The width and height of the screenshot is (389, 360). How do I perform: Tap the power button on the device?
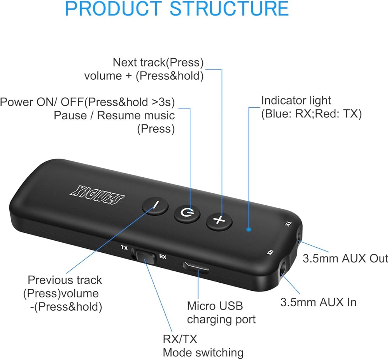point(187,213)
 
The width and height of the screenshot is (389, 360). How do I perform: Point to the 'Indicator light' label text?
point(296,100)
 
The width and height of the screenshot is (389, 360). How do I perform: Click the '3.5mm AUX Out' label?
point(345,259)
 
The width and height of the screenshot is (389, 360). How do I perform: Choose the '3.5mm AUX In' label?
point(318,302)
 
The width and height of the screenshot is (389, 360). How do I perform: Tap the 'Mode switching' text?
point(203,353)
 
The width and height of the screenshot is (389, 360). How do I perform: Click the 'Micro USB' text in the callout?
point(215,306)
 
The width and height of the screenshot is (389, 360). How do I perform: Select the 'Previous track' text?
point(65,280)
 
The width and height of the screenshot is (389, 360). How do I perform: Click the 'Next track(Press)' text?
point(158,62)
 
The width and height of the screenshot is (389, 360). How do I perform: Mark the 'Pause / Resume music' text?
point(114,115)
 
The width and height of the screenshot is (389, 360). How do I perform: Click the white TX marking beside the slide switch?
point(124,248)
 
